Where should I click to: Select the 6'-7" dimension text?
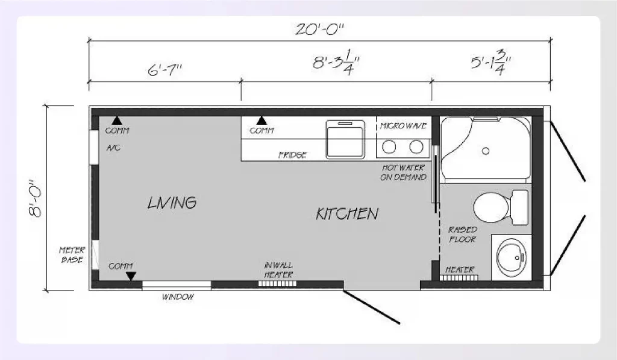pos(164,69)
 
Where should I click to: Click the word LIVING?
pos(172,203)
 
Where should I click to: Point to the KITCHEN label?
pos(347,213)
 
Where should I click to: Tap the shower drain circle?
pos(485,148)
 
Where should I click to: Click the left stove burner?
pos(389,146)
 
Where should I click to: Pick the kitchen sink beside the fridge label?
pos(345,139)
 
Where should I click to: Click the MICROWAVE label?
pos(403,126)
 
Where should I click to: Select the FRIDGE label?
pos(293,155)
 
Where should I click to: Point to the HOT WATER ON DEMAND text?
pos(403,172)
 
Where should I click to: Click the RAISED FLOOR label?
pos(462,235)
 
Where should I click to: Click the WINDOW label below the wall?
pos(178,297)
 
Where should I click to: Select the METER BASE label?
pos(72,254)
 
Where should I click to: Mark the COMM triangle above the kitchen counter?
pos(262,121)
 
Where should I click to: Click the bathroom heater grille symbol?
pos(461,277)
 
